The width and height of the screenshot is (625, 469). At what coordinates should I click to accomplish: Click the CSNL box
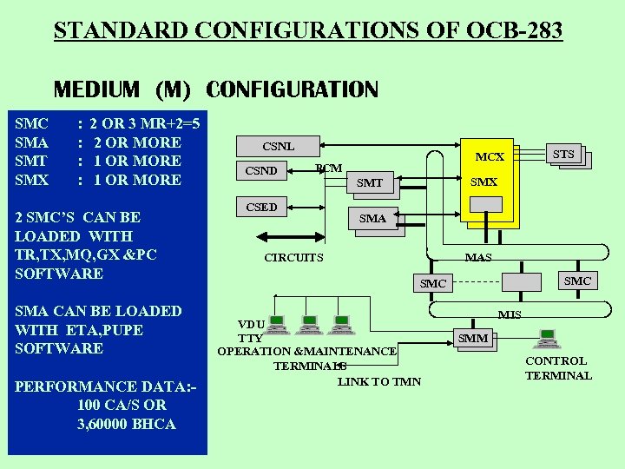[279, 146]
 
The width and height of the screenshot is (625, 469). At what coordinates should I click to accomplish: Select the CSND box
[261, 170]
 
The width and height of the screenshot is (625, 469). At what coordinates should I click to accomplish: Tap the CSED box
[261, 207]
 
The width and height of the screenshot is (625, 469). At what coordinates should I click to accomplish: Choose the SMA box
[373, 219]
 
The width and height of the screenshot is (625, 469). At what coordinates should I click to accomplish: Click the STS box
[563, 155]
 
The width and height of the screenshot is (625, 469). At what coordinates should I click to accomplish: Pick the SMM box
[473, 338]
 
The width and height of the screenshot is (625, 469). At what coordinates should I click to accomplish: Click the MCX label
[490, 157]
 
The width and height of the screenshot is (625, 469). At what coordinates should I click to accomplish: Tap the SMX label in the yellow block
[484, 182]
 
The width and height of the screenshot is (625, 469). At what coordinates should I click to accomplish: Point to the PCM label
[328, 168]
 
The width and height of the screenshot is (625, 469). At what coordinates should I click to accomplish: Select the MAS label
[478, 257]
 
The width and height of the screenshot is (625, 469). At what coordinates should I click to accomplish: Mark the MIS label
[510, 314]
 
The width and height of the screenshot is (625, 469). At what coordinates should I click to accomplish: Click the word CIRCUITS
[293, 258]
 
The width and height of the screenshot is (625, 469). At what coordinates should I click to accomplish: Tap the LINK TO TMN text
[378, 381]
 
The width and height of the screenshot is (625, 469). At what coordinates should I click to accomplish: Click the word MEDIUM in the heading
[96, 89]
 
